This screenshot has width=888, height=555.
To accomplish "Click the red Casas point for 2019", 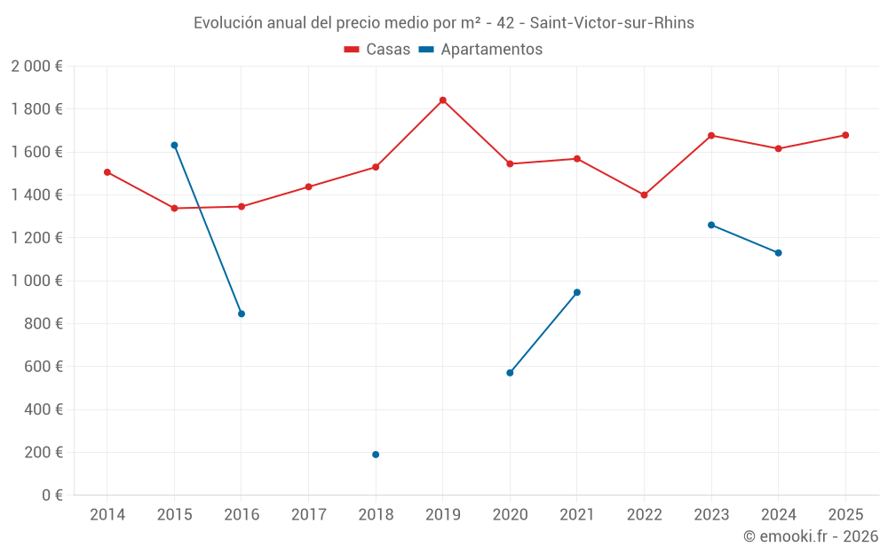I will [x=442, y=100].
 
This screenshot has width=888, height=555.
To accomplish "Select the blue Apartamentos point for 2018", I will [x=376, y=455].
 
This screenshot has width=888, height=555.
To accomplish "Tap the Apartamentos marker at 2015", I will [x=174, y=145].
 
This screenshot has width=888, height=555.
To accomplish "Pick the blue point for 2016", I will [x=242, y=313].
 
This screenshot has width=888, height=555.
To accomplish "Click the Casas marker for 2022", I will [x=644, y=194].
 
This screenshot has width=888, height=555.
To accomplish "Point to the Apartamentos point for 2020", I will [x=510, y=373].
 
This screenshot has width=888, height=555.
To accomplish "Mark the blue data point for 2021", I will [x=577, y=292].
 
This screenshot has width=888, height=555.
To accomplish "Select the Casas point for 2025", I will [x=845, y=135].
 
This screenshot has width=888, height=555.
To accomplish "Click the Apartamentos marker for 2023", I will [x=711, y=225].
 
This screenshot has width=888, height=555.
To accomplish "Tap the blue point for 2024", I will [x=779, y=253].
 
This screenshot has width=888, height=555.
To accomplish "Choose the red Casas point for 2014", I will [x=107, y=172].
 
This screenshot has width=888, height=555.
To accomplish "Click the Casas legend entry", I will [x=377, y=50].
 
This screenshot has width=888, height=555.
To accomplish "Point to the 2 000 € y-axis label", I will [x=36, y=67].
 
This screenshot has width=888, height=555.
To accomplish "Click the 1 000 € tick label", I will [x=36, y=281].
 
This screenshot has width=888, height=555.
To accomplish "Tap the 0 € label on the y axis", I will [x=52, y=496].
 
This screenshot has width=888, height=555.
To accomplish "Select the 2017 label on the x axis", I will [x=308, y=515].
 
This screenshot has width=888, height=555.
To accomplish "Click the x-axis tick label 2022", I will [x=644, y=515].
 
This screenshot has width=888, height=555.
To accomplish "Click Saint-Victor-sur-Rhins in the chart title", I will [x=612, y=23].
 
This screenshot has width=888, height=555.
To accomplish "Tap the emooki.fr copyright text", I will [x=811, y=536].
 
